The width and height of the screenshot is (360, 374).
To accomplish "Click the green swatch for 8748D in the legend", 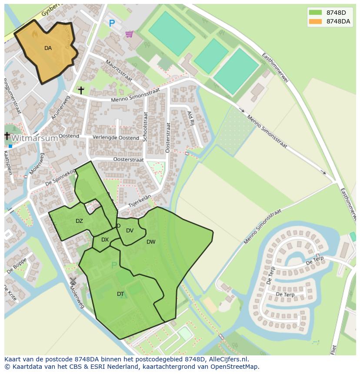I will [x=315, y=13].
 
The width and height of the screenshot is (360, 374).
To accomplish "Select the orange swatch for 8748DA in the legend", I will [x=315, y=22].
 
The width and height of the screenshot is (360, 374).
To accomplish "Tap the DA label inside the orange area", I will [x=48, y=48].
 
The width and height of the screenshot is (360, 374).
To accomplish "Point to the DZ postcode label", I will [x=79, y=221].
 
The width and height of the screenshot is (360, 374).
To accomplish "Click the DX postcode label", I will [x=105, y=240].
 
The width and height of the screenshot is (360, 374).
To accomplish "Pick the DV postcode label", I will [x=130, y=231].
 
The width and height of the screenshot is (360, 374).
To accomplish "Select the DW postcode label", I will [x=151, y=242].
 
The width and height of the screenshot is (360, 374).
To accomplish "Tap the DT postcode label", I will [x=120, y=294].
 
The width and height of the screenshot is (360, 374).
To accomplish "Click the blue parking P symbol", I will [x=112, y=23].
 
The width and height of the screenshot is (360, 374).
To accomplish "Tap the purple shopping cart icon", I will [x=129, y=34].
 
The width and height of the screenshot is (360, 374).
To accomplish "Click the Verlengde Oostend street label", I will [x=116, y=138].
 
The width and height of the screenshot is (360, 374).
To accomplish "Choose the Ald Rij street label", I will [x=190, y=117].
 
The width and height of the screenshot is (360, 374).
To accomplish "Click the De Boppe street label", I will [x=17, y=265].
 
